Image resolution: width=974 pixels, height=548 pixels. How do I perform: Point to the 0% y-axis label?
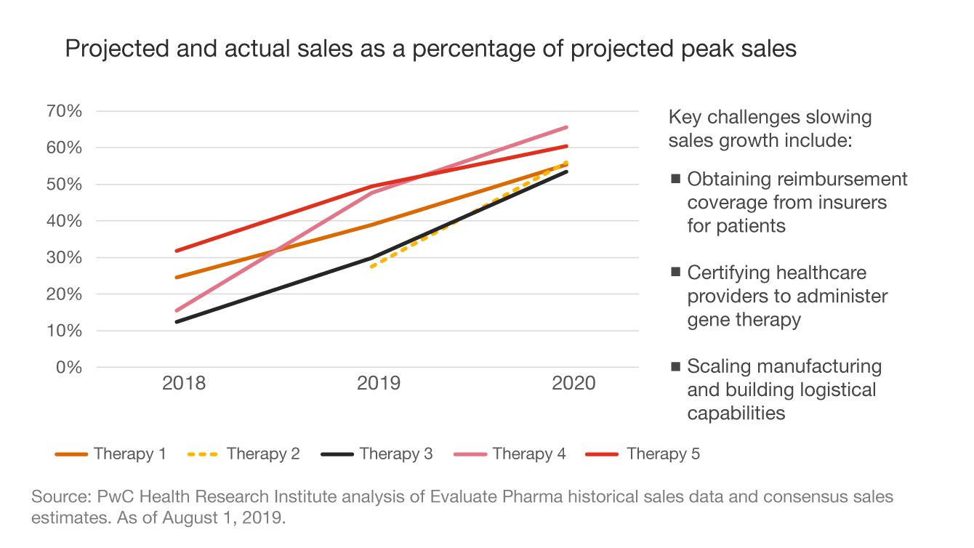70,367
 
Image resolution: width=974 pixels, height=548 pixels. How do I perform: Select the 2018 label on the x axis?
184,384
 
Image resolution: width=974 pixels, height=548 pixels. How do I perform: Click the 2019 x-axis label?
379,384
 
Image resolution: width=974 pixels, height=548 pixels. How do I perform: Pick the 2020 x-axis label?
573,384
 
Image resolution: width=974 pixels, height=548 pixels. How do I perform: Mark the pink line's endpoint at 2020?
567,127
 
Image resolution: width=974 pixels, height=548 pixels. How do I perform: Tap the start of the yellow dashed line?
371,267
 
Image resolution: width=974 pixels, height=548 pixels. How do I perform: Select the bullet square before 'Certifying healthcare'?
675,273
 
